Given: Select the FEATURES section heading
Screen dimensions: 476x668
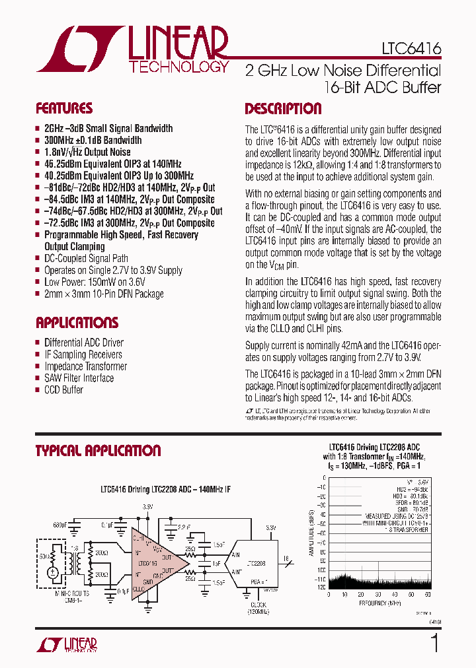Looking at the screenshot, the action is pyautogui.click(x=64, y=108).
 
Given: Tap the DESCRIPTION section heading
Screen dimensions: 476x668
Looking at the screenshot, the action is pyautogui.click(x=283, y=109).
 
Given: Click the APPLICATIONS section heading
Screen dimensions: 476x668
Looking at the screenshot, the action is pyautogui.click(x=77, y=323).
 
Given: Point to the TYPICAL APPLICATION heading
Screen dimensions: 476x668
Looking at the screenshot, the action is pyautogui.click(x=98, y=451).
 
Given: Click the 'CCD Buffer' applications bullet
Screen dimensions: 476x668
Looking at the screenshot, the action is pyautogui.click(x=63, y=390).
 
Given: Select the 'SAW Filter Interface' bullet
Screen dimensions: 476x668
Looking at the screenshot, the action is pyautogui.click(x=79, y=378).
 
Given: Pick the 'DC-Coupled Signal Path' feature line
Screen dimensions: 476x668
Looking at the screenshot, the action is pyautogui.click(x=86, y=259).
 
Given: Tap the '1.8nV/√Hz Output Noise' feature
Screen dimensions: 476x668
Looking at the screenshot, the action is pyautogui.click(x=87, y=152).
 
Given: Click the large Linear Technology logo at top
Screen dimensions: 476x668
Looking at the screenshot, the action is pyautogui.click(x=132, y=50).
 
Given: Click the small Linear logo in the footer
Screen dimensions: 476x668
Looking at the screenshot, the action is pyautogui.click(x=67, y=645).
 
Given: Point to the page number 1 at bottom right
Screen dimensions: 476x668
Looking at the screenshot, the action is pyautogui.click(x=434, y=643).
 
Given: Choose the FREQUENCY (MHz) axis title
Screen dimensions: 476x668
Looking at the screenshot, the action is pyautogui.click(x=379, y=603).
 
